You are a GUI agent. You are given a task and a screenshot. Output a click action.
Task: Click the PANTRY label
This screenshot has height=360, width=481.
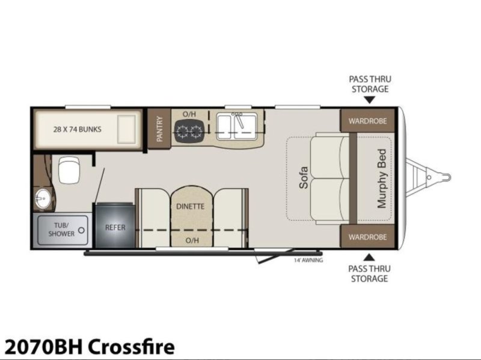[159, 129]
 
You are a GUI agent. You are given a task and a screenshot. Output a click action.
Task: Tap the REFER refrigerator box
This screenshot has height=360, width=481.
[115, 225]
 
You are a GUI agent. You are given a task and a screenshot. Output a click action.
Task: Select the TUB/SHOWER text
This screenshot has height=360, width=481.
[61, 230]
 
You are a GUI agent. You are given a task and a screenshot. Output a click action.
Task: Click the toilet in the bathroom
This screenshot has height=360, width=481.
[69, 169]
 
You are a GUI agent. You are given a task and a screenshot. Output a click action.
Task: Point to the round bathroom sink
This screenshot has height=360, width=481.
[42, 198]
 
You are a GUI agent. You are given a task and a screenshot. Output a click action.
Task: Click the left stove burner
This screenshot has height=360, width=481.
[182, 132]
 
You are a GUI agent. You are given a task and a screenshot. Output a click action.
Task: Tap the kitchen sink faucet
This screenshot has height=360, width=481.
[240, 120]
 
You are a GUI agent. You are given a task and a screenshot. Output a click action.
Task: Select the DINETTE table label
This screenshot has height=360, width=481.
[190, 206]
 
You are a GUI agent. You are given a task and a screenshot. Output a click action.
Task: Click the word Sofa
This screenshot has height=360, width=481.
[304, 177]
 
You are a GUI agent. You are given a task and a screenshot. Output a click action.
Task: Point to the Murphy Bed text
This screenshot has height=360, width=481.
[382, 178]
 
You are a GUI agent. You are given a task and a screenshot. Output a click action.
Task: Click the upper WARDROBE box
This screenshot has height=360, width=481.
[367, 121]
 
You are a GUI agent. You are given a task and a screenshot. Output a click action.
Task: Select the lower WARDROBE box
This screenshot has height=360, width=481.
[367, 237]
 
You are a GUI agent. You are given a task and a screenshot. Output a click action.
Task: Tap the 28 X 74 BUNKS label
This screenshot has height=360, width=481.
[78, 129]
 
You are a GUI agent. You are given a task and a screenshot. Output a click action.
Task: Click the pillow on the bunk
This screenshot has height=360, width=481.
[127, 129]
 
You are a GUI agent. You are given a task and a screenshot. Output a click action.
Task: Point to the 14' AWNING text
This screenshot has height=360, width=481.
[308, 260]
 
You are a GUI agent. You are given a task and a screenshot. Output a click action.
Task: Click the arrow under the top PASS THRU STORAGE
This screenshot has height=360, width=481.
[370, 100]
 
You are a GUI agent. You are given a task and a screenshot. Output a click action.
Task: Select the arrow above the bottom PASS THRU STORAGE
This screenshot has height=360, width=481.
[370, 257]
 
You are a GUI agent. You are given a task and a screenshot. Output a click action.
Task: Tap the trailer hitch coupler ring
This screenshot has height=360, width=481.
[446, 177]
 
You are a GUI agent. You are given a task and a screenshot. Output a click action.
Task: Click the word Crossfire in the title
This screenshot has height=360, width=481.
[132, 347]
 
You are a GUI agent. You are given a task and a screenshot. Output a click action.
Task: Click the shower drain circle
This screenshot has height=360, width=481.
[82, 230]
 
